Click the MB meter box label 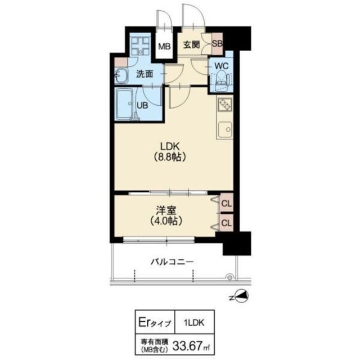(165, 47)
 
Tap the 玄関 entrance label (191, 45)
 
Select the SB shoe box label (217, 44)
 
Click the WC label (221, 66)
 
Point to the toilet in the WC (222, 81)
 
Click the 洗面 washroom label (145, 74)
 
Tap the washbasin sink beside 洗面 (121, 75)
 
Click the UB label (142, 105)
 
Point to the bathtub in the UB (124, 104)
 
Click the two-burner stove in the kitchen (225, 105)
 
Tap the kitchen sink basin (226, 130)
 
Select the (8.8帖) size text (170, 157)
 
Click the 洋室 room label (166, 210)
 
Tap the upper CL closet (227, 203)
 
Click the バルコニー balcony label (172, 262)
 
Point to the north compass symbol (241, 296)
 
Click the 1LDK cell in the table (194, 323)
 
